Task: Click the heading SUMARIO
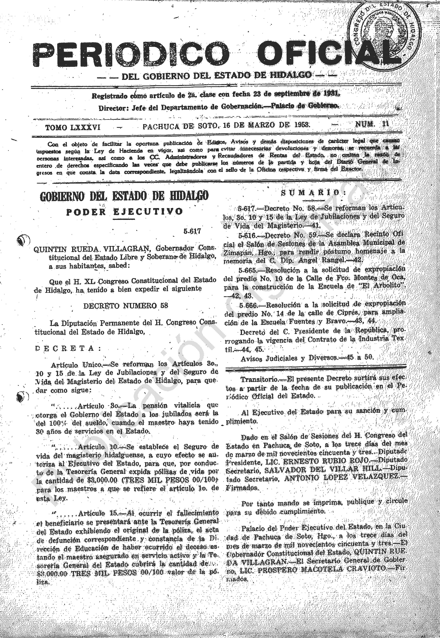tap(313, 193)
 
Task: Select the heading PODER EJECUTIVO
tap(124, 212)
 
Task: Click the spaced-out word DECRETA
tap(68, 348)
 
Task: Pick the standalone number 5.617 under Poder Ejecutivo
tap(192, 231)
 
